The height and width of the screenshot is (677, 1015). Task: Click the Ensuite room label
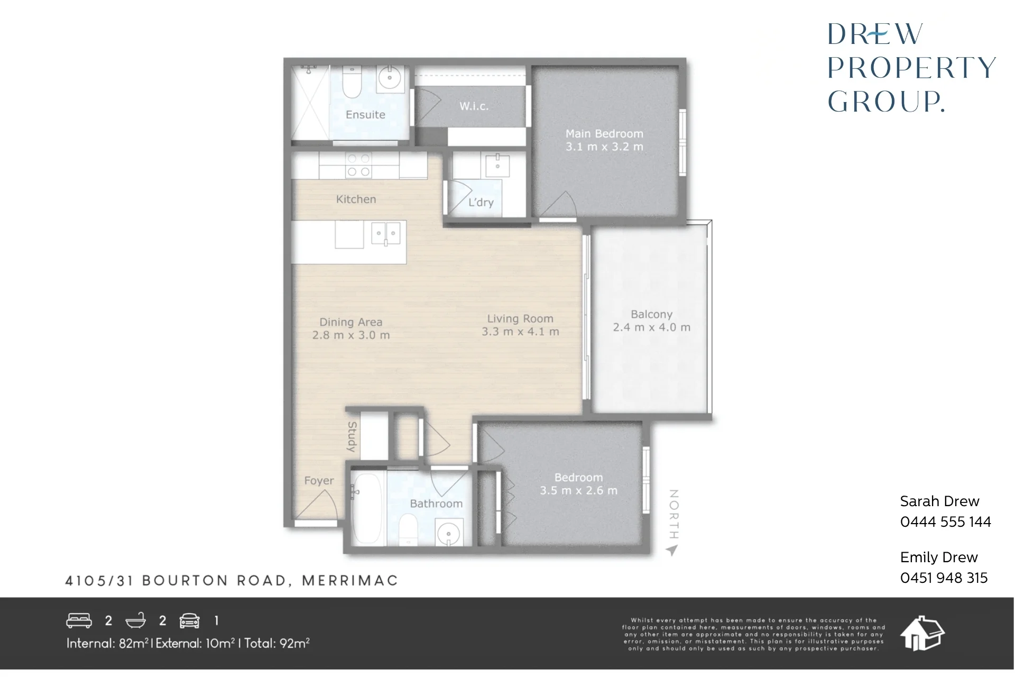[x=365, y=115]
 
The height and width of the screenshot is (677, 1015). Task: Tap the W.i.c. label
[x=474, y=106]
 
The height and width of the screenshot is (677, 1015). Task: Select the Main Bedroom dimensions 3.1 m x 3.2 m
[x=605, y=147]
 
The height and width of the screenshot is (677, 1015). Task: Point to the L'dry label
[x=481, y=203]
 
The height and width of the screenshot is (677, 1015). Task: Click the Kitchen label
[x=356, y=199]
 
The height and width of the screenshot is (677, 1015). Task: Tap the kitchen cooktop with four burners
[x=358, y=165]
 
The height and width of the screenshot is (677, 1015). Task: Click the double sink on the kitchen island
[x=386, y=233]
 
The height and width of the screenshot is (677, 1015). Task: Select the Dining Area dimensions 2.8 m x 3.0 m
[x=351, y=335]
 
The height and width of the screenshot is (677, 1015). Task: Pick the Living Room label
[x=520, y=318]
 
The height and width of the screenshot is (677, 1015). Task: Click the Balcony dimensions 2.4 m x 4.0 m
[x=652, y=327]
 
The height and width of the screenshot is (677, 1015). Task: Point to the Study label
[x=352, y=437]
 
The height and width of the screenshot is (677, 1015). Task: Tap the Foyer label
[x=319, y=481]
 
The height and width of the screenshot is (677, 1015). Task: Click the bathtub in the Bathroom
[x=367, y=509]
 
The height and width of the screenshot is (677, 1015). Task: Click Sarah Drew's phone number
[x=946, y=522]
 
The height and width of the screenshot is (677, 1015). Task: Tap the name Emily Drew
[x=939, y=557]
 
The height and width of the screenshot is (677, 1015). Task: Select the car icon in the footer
[x=190, y=620]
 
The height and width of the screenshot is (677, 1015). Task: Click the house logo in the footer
[x=922, y=633]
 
